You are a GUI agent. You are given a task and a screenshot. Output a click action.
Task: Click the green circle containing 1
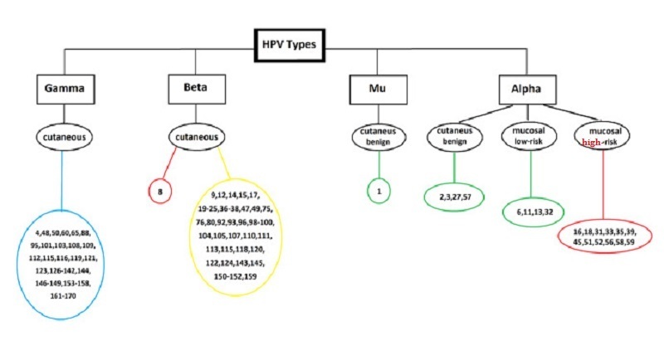click(x=378, y=191)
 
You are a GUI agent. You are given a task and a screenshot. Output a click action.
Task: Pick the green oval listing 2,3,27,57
click(x=455, y=197)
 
